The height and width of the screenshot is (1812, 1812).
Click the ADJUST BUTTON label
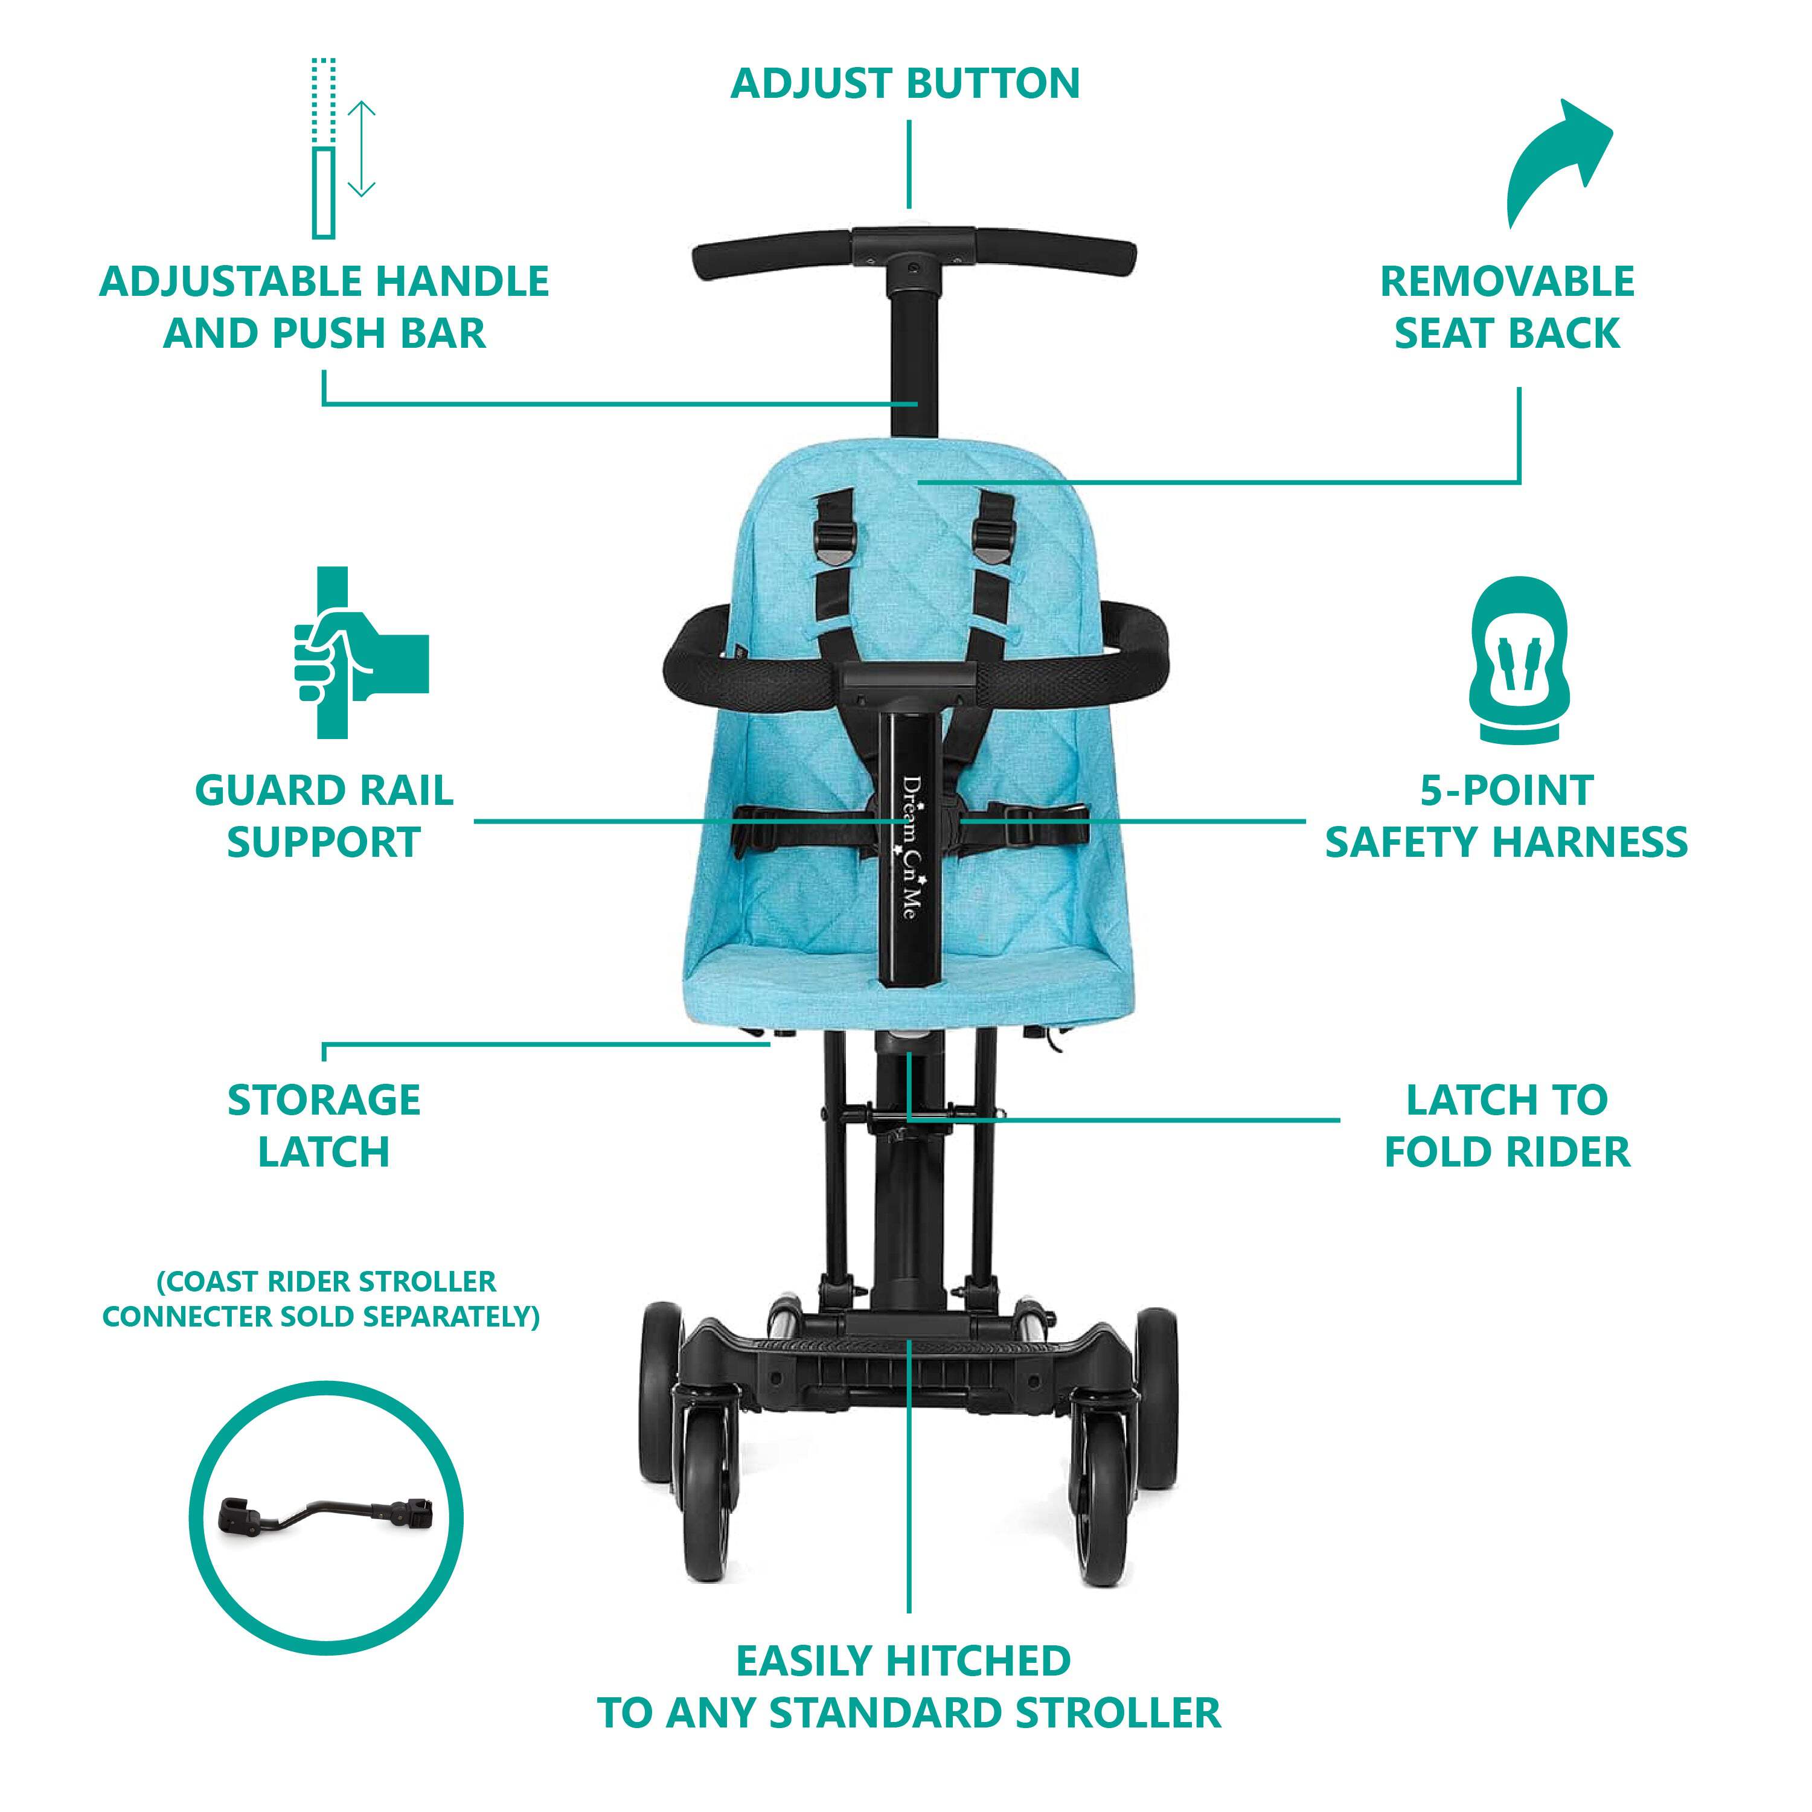[x=905, y=83]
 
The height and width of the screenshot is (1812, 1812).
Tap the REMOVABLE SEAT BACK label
[x=1507, y=307]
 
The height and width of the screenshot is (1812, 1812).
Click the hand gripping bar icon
[x=361, y=652]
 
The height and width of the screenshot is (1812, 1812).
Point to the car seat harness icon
[x=1507, y=659]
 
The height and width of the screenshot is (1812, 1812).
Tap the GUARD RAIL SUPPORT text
[x=324, y=816]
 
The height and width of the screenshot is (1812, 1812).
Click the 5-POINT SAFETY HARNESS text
[x=1506, y=816]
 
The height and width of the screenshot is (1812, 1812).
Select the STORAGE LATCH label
[x=324, y=1125]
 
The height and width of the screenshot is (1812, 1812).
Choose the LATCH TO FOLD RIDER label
[x=1507, y=1125]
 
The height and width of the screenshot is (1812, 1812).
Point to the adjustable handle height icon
[x=341, y=148]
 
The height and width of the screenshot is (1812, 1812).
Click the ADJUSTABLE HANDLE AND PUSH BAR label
[x=324, y=307]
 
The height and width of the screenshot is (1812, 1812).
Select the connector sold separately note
[x=322, y=1299]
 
